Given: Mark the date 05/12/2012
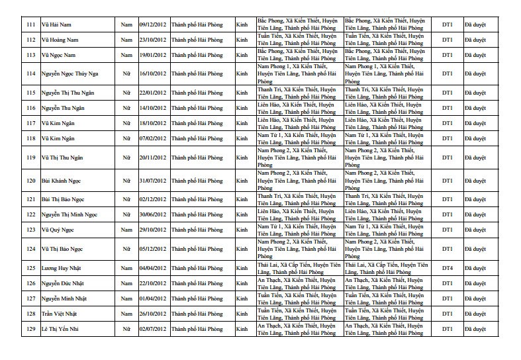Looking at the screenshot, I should tap(153, 249).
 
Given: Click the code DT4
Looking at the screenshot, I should tap(448, 268).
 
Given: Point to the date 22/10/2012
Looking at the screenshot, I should tap(153, 283).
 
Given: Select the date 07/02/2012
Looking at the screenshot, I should tap(153, 138).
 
